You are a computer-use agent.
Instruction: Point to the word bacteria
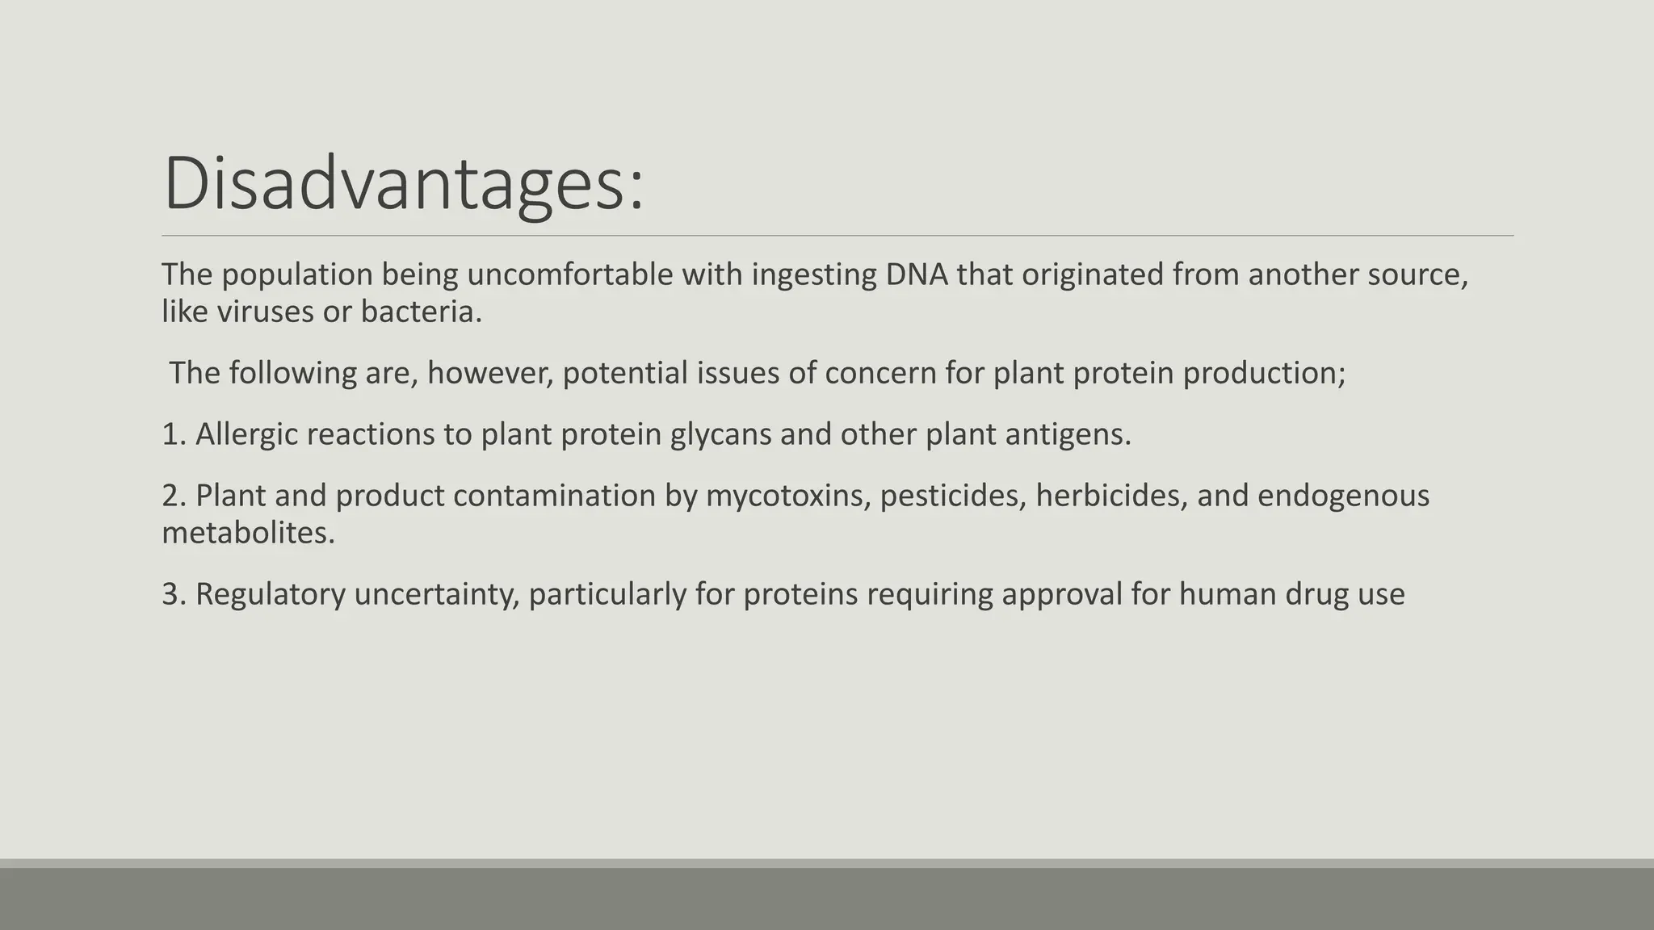tap(420, 312)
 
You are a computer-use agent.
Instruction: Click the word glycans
tap(720, 434)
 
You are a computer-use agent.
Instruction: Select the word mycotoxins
tap(788, 496)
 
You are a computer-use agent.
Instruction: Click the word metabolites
tap(248, 533)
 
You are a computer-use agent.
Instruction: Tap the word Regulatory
tap(270, 594)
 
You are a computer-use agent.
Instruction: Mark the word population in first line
tap(296, 274)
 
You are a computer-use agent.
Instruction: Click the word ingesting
tap(814, 274)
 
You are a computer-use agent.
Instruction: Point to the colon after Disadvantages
tap(636, 194)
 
